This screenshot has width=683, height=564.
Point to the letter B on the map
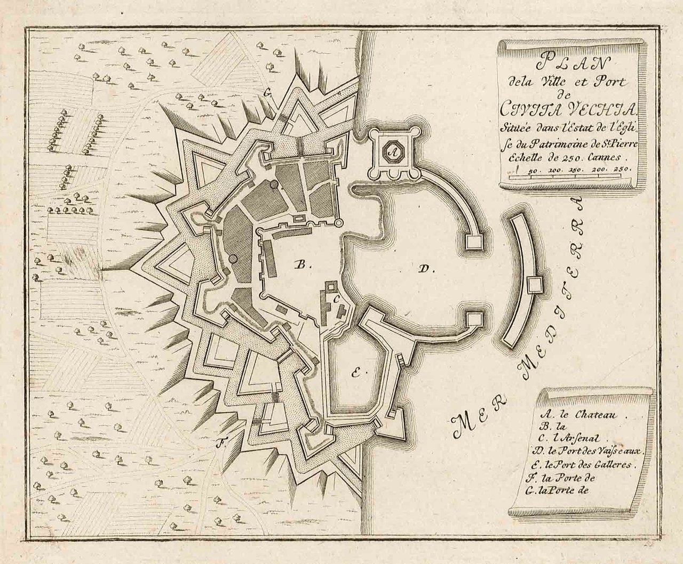pos(300,263)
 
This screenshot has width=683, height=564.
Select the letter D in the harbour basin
pos(426,269)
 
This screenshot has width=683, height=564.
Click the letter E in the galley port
pos(355,373)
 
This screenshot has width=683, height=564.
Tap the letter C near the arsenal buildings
pos(336,299)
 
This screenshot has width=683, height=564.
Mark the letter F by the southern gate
pos(219,441)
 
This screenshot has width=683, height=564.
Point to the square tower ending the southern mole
pos(473,319)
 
